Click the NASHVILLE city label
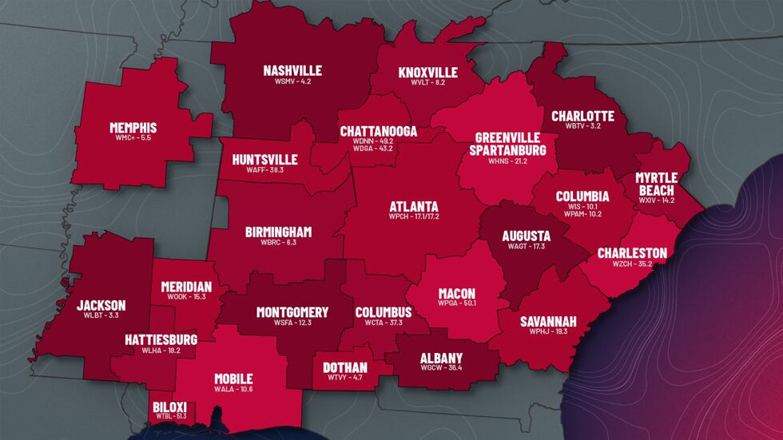point(292,70)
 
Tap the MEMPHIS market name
point(133,127)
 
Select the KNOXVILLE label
point(428,73)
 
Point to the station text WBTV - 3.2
point(582,126)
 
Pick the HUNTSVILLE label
point(264,159)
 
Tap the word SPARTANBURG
point(508,149)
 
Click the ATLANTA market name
point(414,204)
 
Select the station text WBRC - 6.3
point(279,242)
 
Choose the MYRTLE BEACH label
point(654,184)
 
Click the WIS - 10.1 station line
point(582,206)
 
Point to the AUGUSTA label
point(526,236)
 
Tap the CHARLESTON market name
point(632,253)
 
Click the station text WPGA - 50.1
point(456,303)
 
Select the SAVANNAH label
point(548,321)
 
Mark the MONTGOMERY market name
point(292,311)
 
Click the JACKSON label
point(101,305)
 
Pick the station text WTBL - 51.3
point(169,416)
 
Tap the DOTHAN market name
point(345,367)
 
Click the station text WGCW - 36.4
point(441,368)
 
